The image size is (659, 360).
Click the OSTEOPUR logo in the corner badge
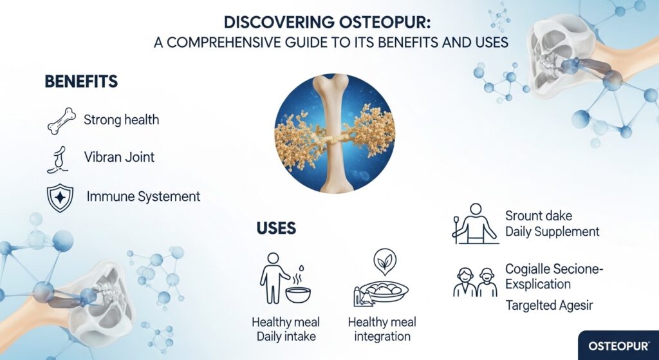point(618,346)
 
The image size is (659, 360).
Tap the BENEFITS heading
point(81,82)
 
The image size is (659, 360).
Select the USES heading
point(276,228)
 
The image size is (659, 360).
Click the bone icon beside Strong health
point(62,120)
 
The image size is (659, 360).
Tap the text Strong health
point(122,120)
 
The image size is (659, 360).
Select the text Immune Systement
point(143,196)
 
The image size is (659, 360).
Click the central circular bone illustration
point(334,133)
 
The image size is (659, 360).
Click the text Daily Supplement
point(552,231)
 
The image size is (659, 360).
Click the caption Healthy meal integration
point(382,329)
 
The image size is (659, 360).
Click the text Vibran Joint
point(119,158)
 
